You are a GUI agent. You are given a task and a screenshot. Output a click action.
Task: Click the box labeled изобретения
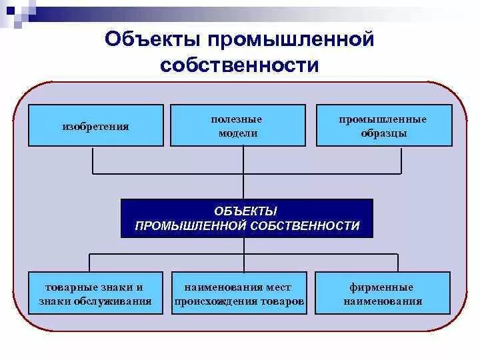95,125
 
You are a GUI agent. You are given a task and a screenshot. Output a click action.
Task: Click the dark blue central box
247,218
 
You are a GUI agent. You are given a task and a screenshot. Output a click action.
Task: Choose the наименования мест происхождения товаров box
239,294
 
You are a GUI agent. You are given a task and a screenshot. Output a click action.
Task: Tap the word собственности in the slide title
239,65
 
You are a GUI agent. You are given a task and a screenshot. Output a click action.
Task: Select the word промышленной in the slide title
291,40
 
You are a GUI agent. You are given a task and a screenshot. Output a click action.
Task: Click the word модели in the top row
237,133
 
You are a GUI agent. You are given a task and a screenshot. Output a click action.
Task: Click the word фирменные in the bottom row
382,287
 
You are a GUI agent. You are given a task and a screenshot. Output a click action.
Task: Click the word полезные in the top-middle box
237,119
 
